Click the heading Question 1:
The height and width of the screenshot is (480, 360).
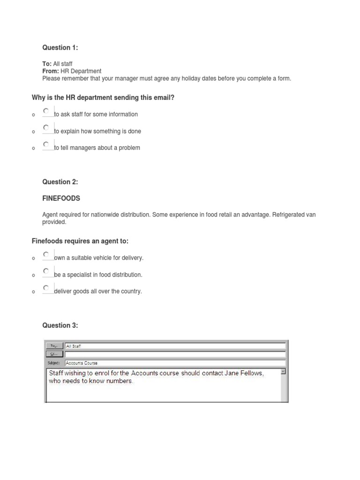(x=60, y=47)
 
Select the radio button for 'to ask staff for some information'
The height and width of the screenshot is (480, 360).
(x=46, y=111)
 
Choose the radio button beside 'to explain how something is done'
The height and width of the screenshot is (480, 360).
(x=46, y=128)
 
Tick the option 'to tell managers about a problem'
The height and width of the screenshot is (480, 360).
(x=46, y=144)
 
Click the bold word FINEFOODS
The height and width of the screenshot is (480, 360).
(x=61, y=198)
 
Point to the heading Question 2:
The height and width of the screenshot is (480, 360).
(x=60, y=182)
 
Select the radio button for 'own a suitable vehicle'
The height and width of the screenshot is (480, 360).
(x=46, y=255)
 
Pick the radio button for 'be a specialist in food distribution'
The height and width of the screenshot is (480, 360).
(x=46, y=271)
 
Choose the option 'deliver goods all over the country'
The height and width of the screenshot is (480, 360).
(x=46, y=288)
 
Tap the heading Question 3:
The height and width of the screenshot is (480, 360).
(x=60, y=325)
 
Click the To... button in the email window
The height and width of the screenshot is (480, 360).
(x=54, y=346)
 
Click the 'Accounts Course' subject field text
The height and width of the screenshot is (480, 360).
(x=82, y=363)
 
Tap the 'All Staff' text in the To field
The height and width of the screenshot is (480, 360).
(x=74, y=346)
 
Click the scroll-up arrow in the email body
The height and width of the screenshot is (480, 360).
(x=283, y=372)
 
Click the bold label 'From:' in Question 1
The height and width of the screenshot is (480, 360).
(x=51, y=71)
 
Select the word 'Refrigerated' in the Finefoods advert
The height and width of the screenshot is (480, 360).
(x=289, y=215)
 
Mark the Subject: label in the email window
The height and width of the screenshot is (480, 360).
(x=54, y=363)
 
